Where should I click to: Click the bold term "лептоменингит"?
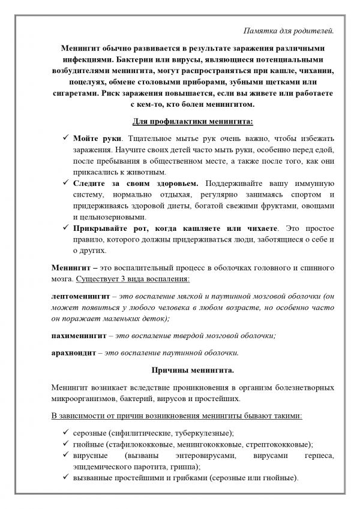coord(81,296)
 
